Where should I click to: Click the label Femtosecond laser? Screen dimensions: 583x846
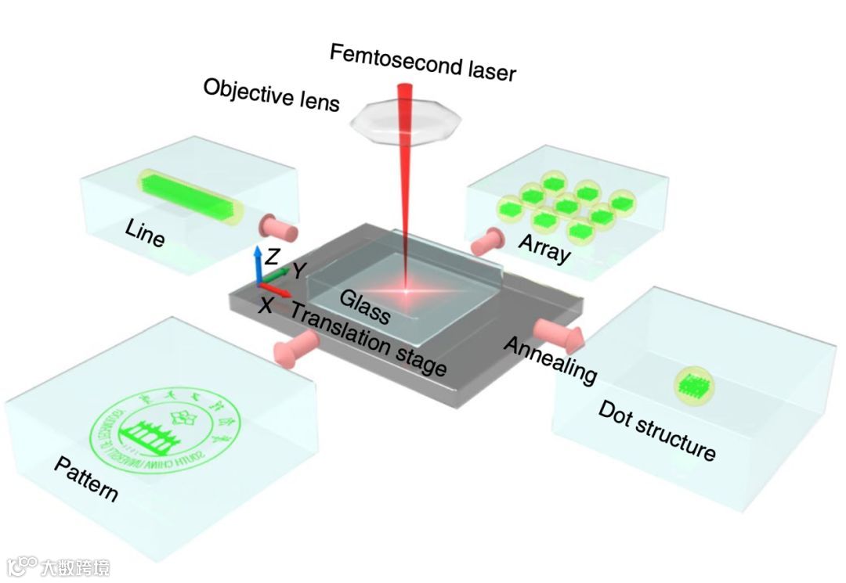(423, 63)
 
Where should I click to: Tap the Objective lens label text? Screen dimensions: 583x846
(271, 95)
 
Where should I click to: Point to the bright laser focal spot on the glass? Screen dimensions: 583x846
(407, 291)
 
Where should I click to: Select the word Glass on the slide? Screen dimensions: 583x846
(365, 306)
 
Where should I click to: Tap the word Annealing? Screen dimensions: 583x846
(549, 360)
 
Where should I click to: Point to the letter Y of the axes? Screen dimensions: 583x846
(298, 271)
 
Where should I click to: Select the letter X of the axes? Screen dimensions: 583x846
(266, 305)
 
